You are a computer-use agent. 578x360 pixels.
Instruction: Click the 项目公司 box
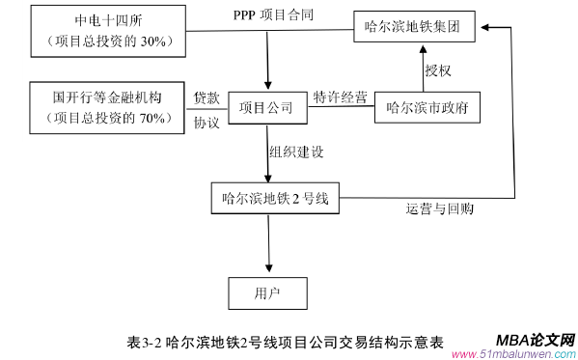coord(265,107)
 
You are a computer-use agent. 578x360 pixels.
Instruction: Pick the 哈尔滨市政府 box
coord(427,107)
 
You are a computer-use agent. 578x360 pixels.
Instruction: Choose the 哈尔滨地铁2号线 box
coord(275,199)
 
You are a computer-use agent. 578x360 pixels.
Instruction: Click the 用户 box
coord(266,291)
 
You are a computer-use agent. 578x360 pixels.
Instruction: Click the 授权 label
coord(438,69)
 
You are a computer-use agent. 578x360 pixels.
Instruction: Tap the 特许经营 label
coord(340,97)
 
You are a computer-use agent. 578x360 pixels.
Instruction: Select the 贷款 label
coord(207,97)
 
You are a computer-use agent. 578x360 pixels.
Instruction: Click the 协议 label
coord(207,123)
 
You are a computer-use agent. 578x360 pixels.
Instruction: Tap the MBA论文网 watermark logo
coord(535,341)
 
